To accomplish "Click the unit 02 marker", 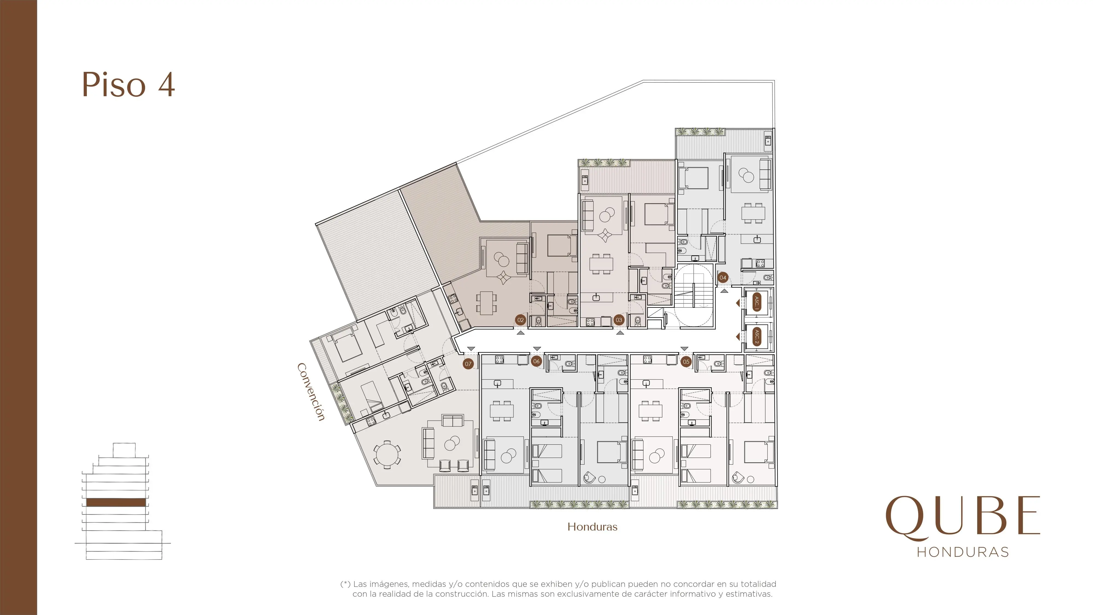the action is (521, 320).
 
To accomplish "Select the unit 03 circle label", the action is (619, 320).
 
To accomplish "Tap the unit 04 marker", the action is (722, 278).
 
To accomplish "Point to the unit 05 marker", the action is (686, 362).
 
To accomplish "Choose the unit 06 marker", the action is (536, 361).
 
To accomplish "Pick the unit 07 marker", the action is (468, 364).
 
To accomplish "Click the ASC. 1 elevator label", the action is (757, 302).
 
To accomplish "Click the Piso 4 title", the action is (128, 85).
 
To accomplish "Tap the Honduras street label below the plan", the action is (592, 527).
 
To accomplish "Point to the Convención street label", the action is (311, 392).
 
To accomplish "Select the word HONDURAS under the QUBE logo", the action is (963, 552).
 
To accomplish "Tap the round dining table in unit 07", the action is (387, 455).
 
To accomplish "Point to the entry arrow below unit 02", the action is (521, 333).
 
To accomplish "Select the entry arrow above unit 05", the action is (684, 348).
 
